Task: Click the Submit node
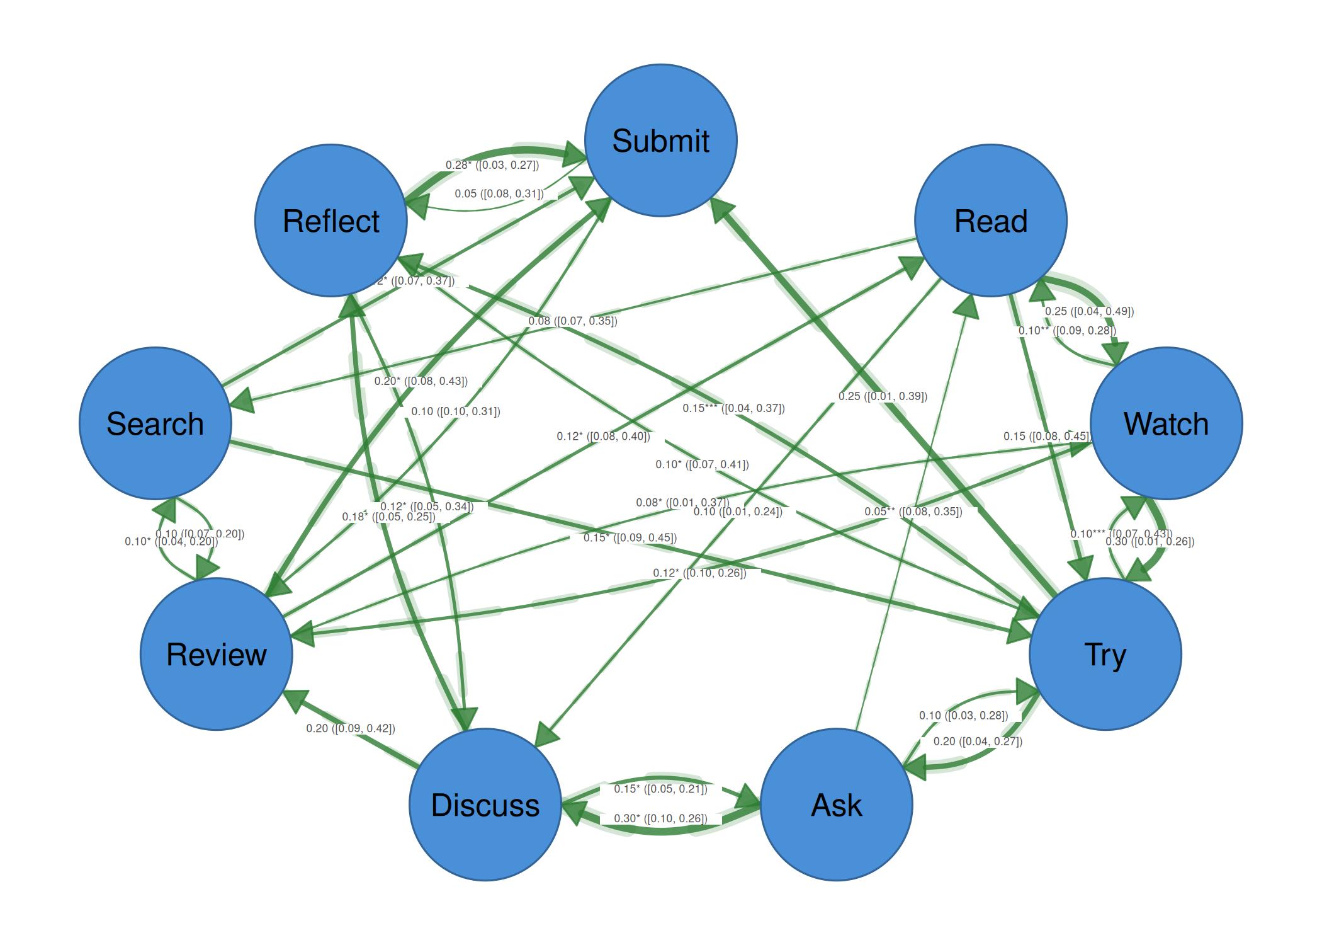660,140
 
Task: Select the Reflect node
331,220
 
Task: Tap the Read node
990,220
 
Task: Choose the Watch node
1166,423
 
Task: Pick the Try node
1105,654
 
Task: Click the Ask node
836,805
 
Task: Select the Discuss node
485,805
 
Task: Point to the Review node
217,654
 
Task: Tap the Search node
155,423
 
